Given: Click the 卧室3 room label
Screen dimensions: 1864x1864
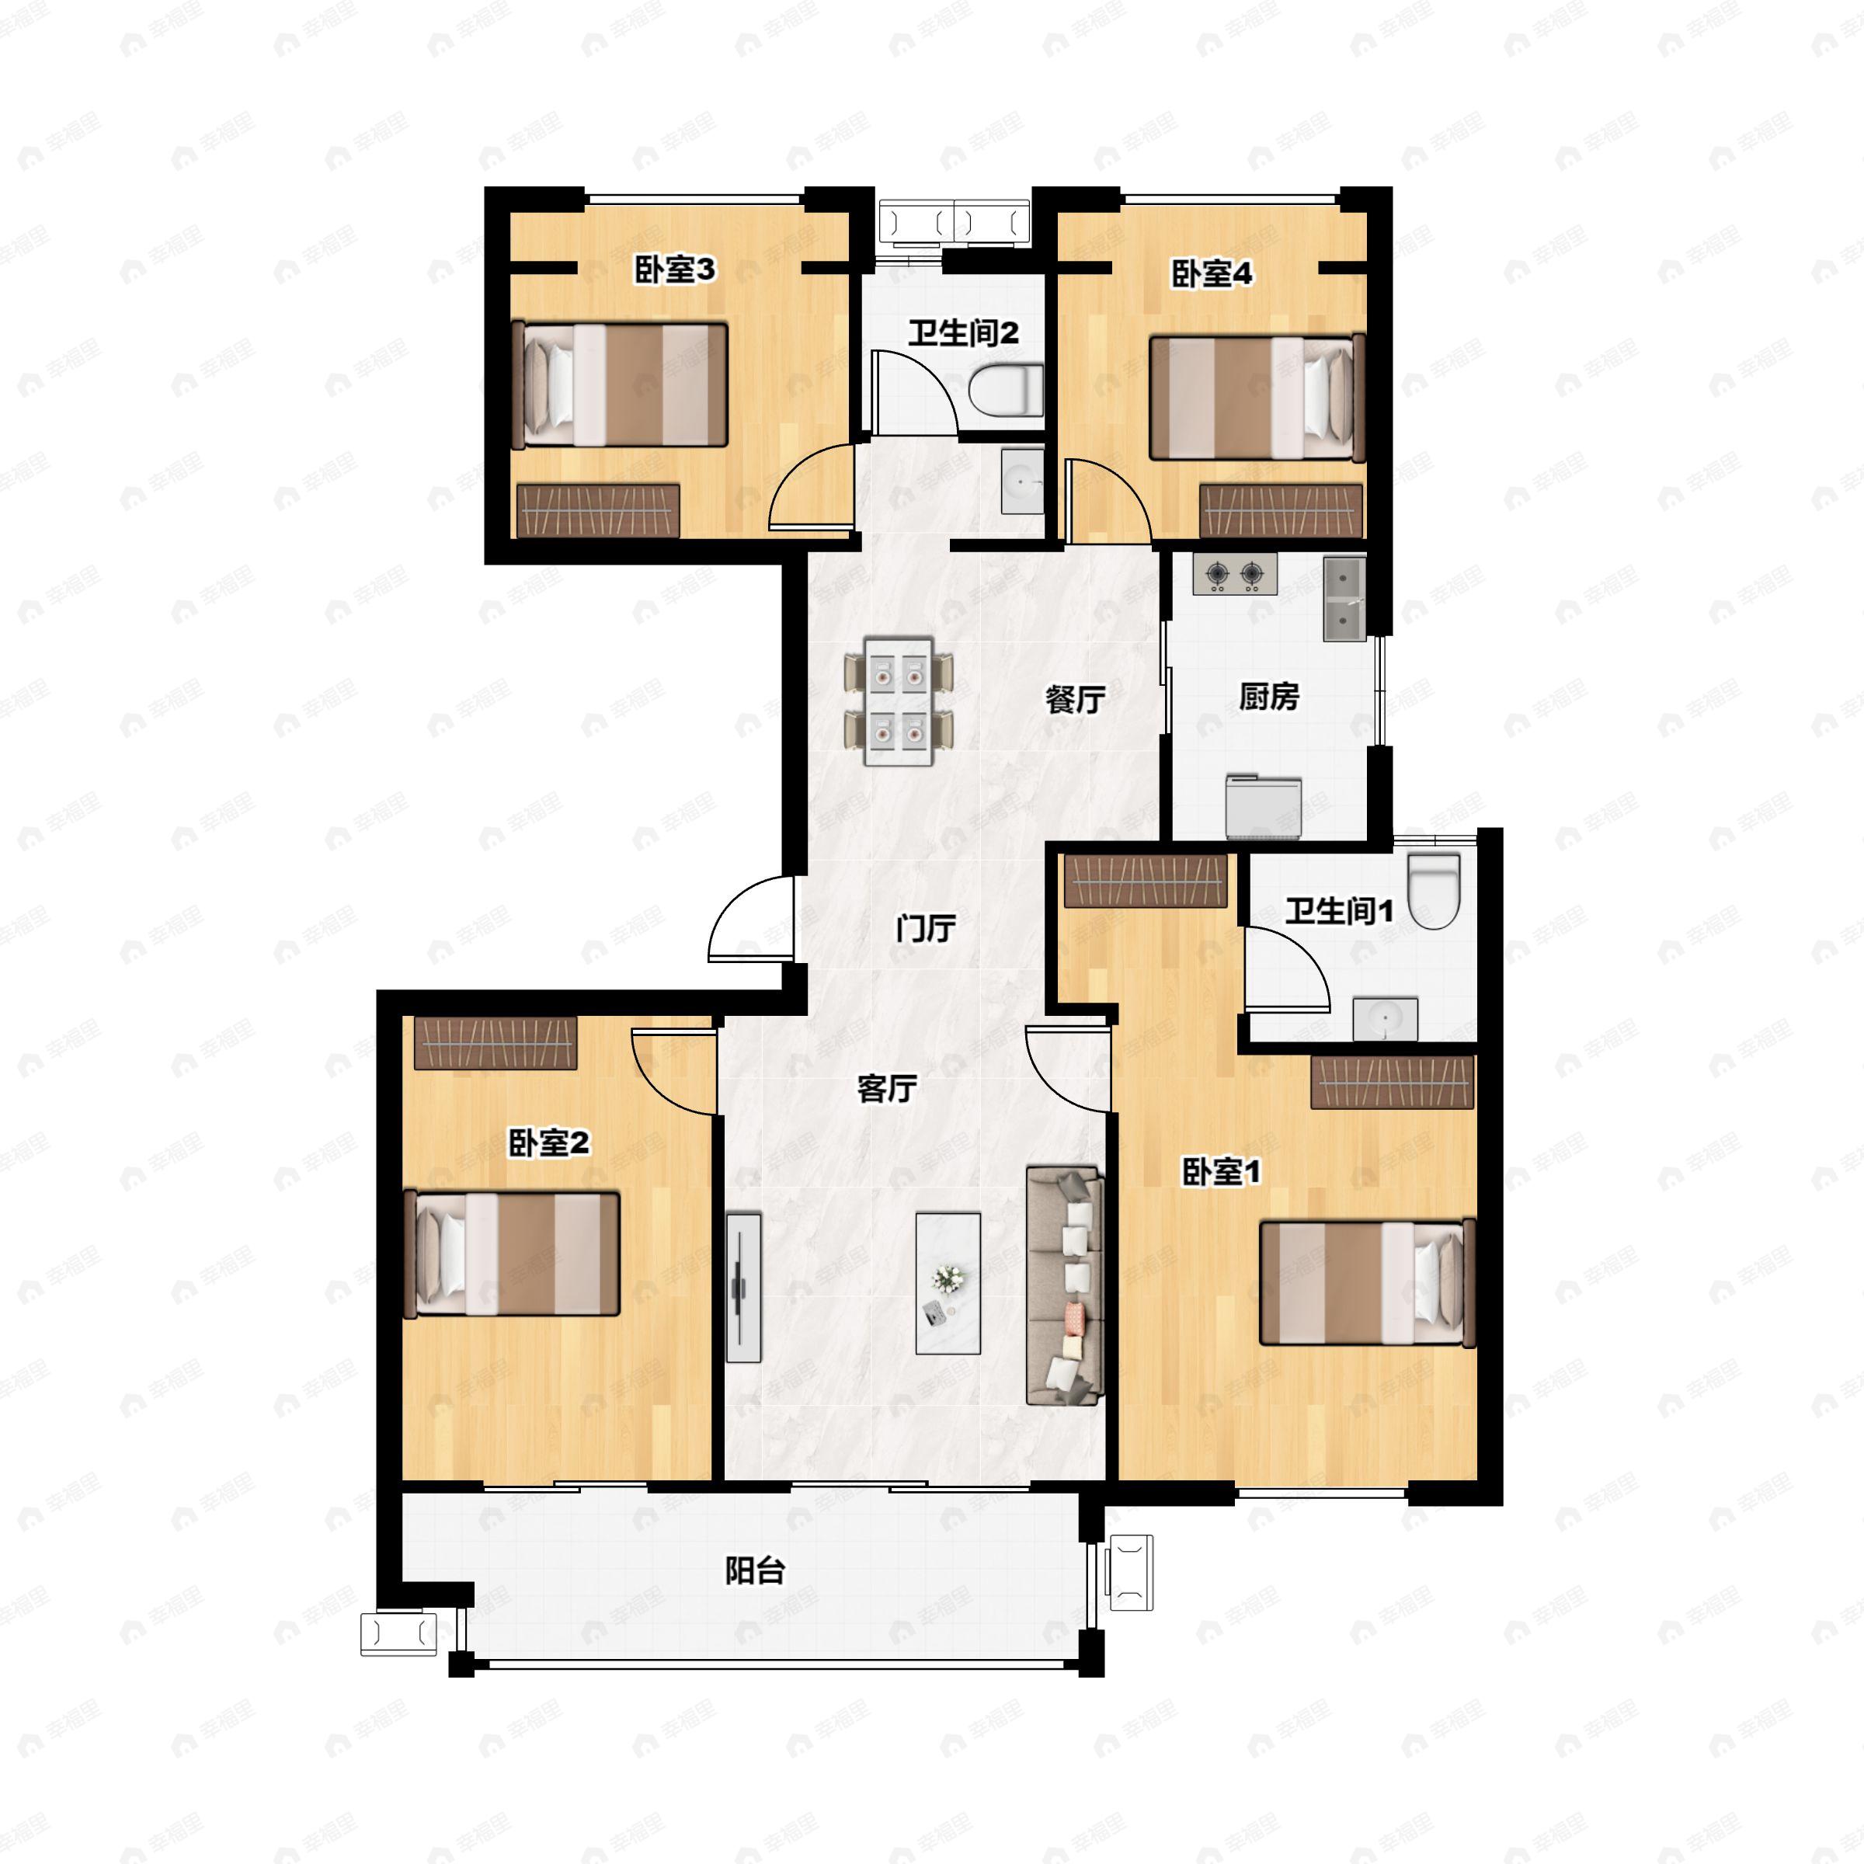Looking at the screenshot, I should tap(674, 270).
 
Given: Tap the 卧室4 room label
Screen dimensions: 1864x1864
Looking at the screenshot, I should tap(1212, 274).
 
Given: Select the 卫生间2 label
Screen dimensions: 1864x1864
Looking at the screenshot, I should tap(962, 334).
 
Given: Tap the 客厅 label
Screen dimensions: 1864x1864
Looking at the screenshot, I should tap(887, 1088).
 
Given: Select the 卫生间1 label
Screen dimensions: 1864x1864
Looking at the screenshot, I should tap(1339, 911).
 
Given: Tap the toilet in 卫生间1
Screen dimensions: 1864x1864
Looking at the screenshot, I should tap(1435, 889).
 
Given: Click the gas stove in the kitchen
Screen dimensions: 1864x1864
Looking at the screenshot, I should tap(1235, 575).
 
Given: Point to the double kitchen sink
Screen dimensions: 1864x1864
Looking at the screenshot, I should tap(1344, 598).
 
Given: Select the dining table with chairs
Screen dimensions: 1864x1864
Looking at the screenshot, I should tap(899, 701).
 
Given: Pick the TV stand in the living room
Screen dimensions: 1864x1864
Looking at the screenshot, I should tap(743, 1287).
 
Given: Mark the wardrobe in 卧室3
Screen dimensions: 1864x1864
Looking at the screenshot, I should tap(598, 510).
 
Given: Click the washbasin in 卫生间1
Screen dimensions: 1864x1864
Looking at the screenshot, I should tap(1385, 1020).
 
